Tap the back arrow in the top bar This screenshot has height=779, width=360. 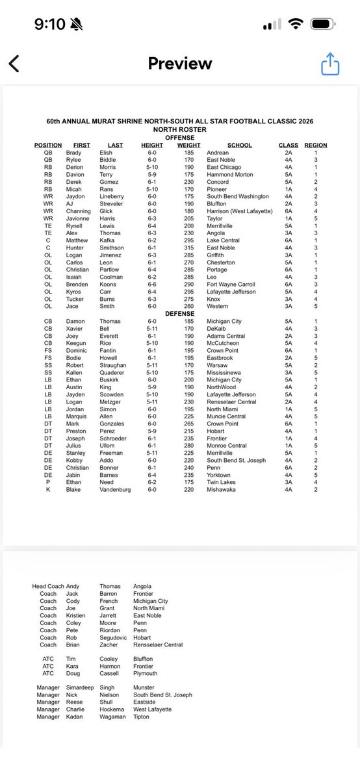click(x=14, y=64)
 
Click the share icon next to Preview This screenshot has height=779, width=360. click(x=331, y=64)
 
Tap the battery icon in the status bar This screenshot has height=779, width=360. click(x=323, y=24)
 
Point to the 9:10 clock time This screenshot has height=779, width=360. click(x=50, y=24)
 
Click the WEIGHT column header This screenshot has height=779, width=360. click(x=188, y=146)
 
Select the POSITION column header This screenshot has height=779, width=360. click(x=48, y=146)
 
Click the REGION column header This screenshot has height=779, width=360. click(x=316, y=146)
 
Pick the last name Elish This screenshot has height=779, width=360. click(x=106, y=153)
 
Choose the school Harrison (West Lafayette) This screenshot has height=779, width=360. click(x=240, y=211)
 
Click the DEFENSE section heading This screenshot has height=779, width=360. click(x=180, y=313)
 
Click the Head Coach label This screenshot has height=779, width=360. click(x=48, y=586)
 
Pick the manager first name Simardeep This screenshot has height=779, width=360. click(x=79, y=687)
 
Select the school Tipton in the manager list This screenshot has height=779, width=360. click(x=142, y=717)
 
